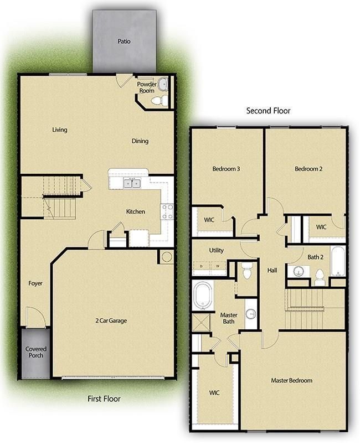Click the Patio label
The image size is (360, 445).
pos(124,41)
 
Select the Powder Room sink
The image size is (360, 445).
pos(163,85)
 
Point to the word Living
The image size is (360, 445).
pos(60,130)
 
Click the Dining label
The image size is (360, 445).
pos(140,141)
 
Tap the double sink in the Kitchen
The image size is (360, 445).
pos(131,183)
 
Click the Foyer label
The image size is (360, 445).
pos(35,283)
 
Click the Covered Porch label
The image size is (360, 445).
pos(35,352)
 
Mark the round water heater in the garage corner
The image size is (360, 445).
pos(166,257)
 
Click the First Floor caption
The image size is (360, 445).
pos(104,399)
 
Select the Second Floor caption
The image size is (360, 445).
pos(268,111)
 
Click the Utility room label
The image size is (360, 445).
pos(216,251)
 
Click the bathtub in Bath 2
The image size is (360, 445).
pos(337,261)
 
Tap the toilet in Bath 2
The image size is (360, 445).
pos(320,277)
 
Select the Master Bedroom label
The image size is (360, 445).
pos(291,380)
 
